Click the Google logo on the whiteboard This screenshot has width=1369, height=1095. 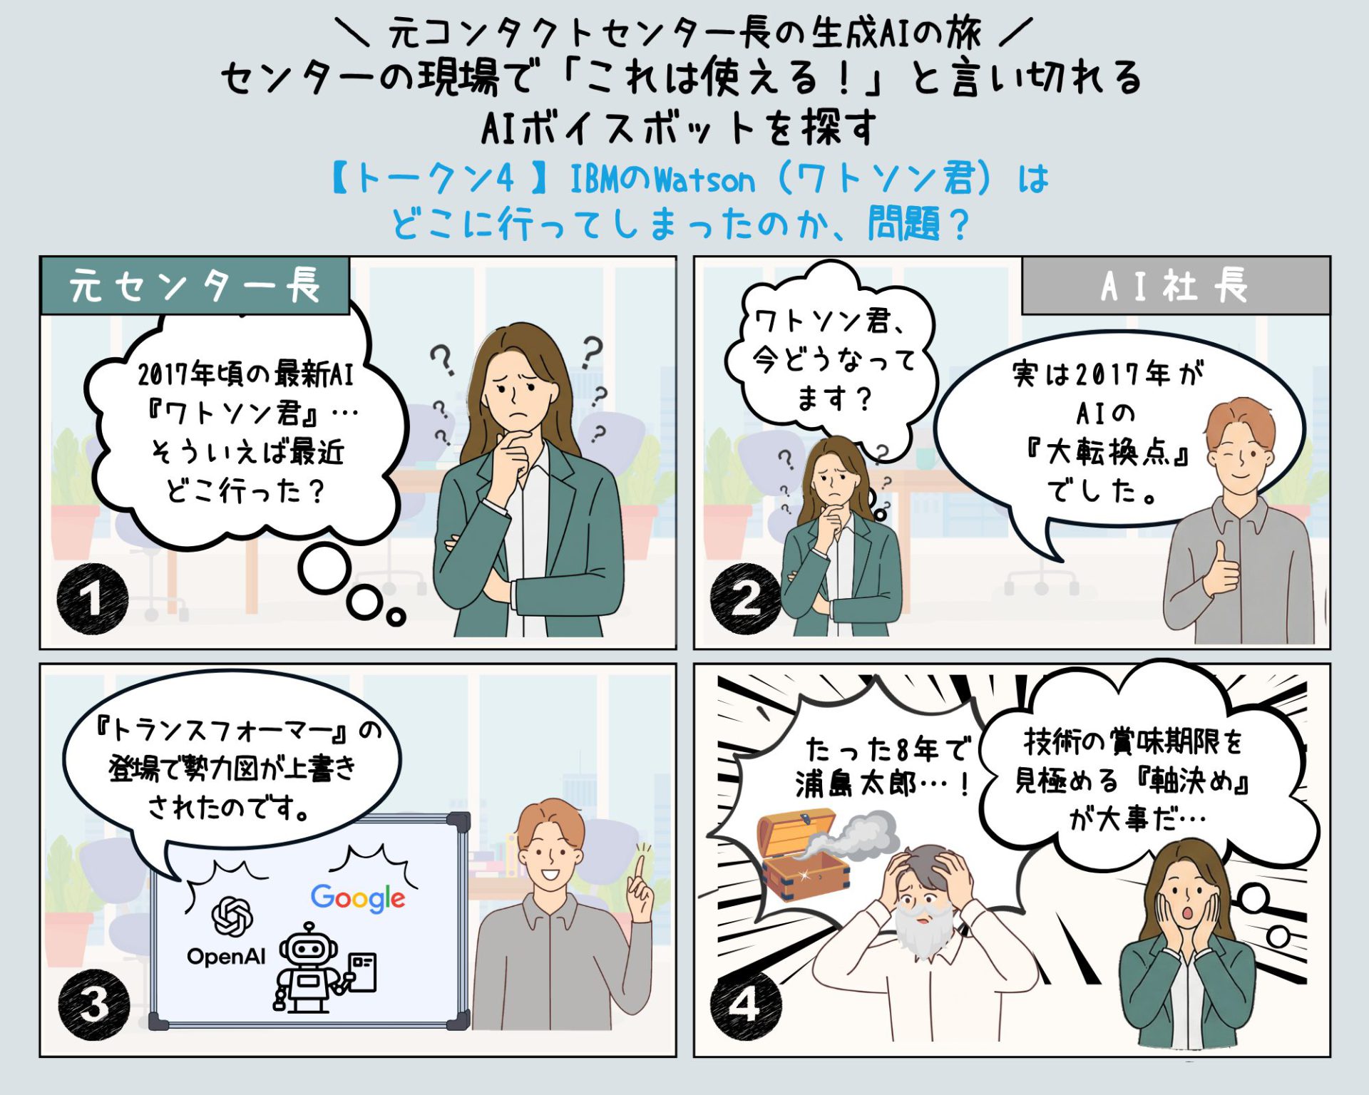click(357, 898)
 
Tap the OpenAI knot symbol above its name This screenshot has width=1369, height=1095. click(232, 916)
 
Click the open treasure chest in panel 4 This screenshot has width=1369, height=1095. click(802, 855)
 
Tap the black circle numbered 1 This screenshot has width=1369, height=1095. click(92, 598)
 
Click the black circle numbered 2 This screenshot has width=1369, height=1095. click(745, 598)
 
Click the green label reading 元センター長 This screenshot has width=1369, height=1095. click(195, 286)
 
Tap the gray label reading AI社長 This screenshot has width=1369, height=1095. click(1175, 286)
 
